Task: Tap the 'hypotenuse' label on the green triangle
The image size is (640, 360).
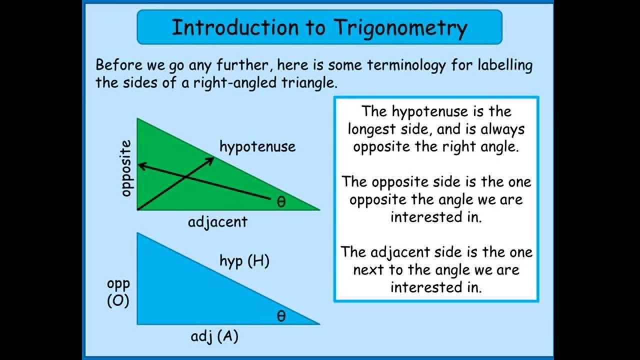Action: [x=257, y=146]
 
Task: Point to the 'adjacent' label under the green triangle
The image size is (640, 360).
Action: [x=217, y=221]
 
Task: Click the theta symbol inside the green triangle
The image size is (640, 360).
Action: [x=281, y=202]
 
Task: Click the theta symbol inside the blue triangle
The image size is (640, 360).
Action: [x=281, y=316]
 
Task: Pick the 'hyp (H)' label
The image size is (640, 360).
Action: [x=244, y=260]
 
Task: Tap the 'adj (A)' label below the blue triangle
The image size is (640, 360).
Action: [x=214, y=336]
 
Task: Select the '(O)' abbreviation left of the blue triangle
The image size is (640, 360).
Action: [x=118, y=301]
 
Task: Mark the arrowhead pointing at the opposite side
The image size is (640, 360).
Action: [x=141, y=165]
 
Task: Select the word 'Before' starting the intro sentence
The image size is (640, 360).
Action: [x=119, y=65]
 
